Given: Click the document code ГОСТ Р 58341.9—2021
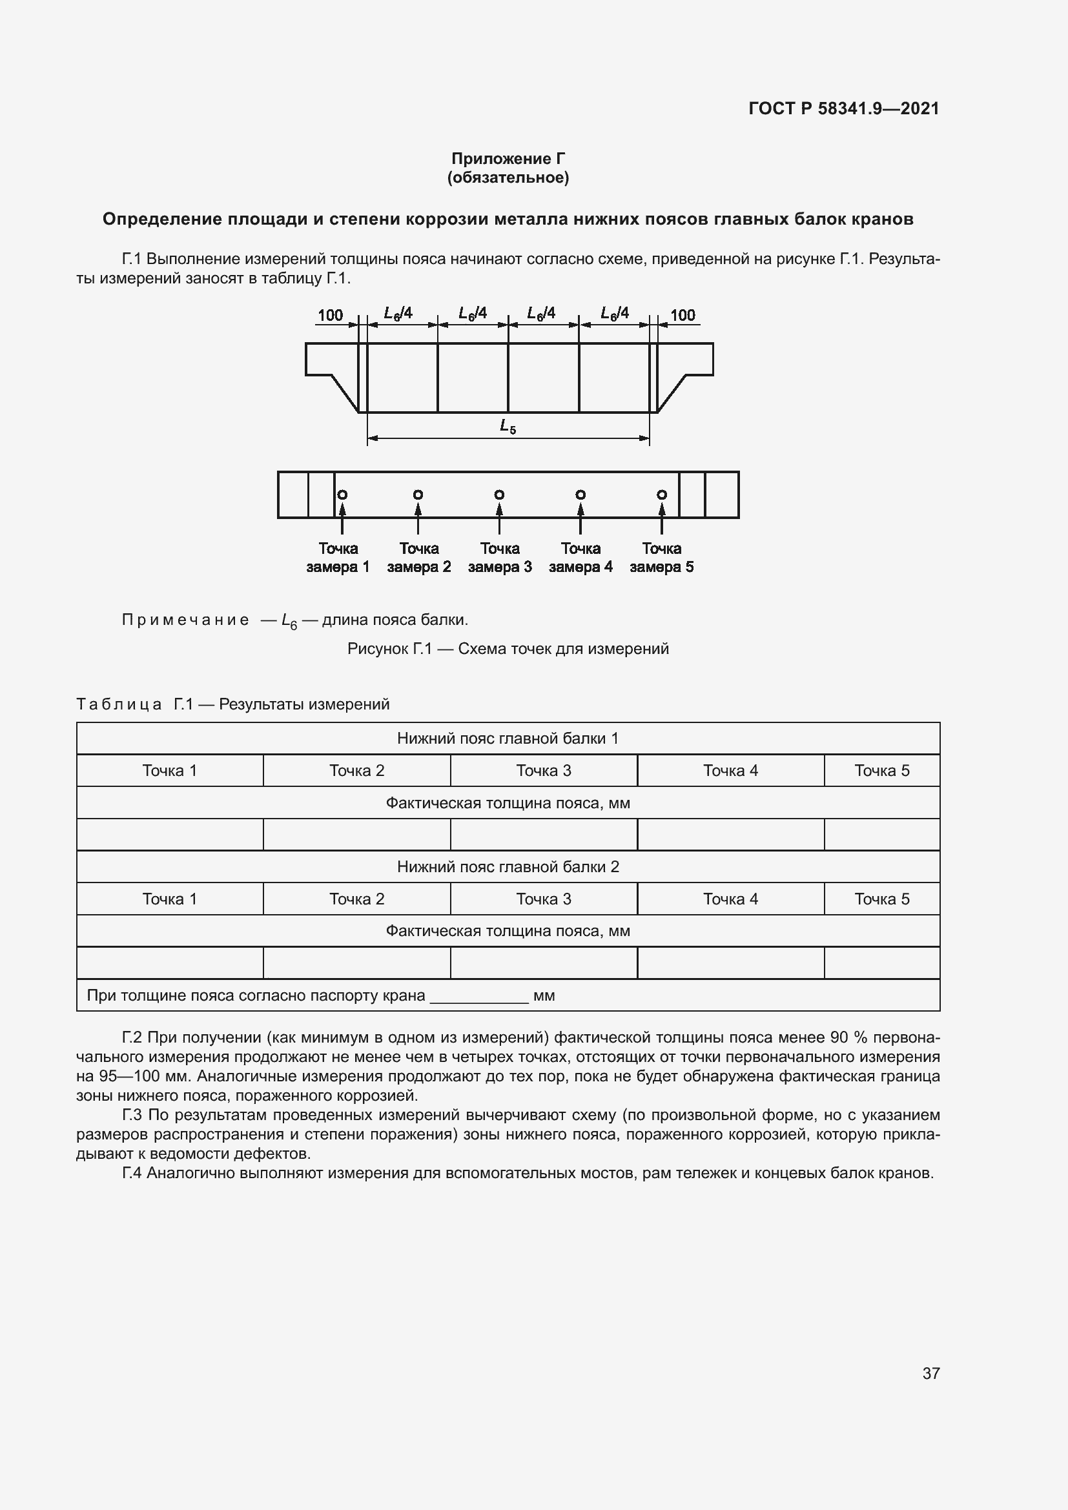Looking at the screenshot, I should pyautogui.click(x=843, y=108).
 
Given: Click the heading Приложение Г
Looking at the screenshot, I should pyautogui.click(x=508, y=159).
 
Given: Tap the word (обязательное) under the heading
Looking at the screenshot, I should pyautogui.click(x=508, y=178).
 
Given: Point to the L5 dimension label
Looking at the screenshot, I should pyautogui.click(x=508, y=426).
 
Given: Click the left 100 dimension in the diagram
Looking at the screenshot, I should pyautogui.click(x=330, y=315).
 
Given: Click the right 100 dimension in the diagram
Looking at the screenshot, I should pyautogui.click(x=683, y=315).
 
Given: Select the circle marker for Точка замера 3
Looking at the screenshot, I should pyautogui.click(x=499, y=495).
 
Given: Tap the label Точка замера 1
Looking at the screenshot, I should pyautogui.click(x=338, y=558).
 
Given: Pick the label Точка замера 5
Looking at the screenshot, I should pyautogui.click(x=662, y=558).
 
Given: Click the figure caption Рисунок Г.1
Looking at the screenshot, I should pyautogui.click(x=508, y=649).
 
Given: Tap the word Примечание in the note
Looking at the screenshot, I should pyautogui.click(x=185, y=620).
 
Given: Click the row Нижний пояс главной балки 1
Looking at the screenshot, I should pyautogui.click(x=508, y=739).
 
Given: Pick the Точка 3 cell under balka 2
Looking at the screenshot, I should pyautogui.click(x=543, y=899).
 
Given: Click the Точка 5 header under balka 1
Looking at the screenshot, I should pyautogui.click(x=881, y=771).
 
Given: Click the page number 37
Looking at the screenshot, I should pyautogui.click(x=930, y=1373).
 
